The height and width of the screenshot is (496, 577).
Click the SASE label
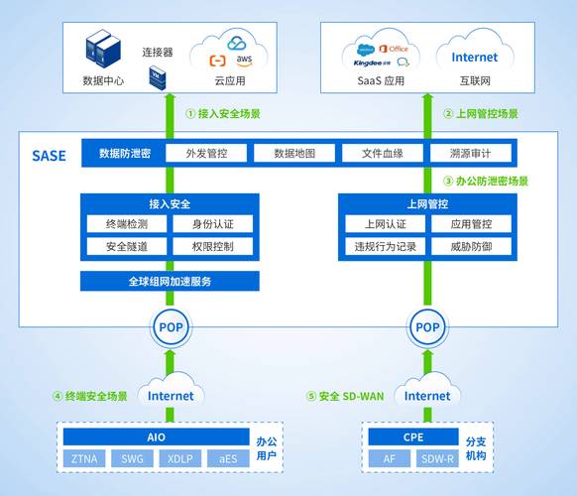(49, 156)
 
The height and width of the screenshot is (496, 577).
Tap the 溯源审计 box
(470, 154)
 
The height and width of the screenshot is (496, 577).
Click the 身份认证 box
(214, 224)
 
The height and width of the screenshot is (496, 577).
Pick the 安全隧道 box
(124, 246)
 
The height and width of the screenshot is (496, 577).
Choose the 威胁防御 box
(471, 246)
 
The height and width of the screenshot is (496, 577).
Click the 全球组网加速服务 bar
(169, 281)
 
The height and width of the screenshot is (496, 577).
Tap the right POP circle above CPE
(427, 327)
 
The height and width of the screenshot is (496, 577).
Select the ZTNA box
(83, 458)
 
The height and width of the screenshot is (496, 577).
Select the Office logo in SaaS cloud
(398, 48)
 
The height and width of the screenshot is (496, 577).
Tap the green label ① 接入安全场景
(223, 113)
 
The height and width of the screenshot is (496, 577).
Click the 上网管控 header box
(427, 203)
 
